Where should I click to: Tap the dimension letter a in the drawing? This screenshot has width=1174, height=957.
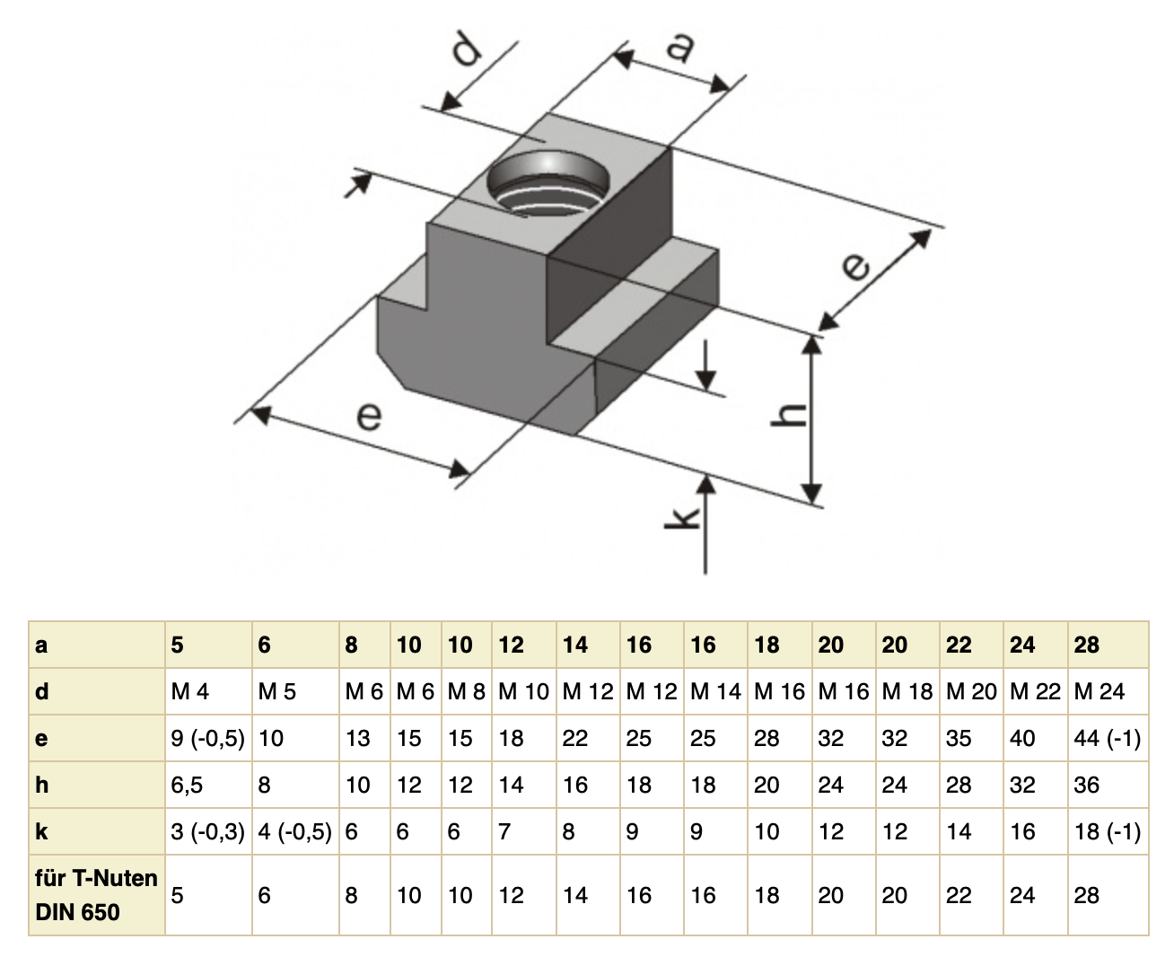pyautogui.click(x=679, y=46)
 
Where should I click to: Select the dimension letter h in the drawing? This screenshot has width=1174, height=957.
pyautogui.click(x=790, y=414)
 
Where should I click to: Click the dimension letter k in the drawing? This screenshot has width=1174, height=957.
pyautogui.click(x=684, y=518)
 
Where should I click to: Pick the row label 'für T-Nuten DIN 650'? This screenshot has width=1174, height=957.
pyautogui.click(x=96, y=895)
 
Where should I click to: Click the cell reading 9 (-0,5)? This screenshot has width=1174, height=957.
pyautogui.click(x=207, y=739)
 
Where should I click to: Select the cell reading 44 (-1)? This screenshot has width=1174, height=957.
pyautogui.click(x=1107, y=739)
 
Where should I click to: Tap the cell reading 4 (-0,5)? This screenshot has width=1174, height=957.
pyautogui.click(x=294, y=832)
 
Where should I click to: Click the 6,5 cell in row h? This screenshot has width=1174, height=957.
pyautogui.click(x=187, y=786)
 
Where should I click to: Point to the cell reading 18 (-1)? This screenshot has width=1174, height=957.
pyautogui.click(x=1107, y=832)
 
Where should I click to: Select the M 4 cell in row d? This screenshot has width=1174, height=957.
pyautogui.click(x=189, y=692)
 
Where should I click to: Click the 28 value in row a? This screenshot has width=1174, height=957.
pyautogui.click(x=1086, y=645)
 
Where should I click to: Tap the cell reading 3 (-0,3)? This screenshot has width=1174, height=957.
pyautogui.click(x=207, y=832)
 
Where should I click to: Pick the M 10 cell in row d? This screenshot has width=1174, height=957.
pyautogui.click(x=523, y=692)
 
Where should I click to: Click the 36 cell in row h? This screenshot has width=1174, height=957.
pyautogui.click(x=1086, y=786)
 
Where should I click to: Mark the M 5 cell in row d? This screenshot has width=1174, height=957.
pyautogui.click(x=276, y=692)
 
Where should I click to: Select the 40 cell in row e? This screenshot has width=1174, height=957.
pyautogui.click(x=1022, y=739)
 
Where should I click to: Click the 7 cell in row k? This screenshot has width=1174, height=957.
pyautogui.click(x=504, y=832)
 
